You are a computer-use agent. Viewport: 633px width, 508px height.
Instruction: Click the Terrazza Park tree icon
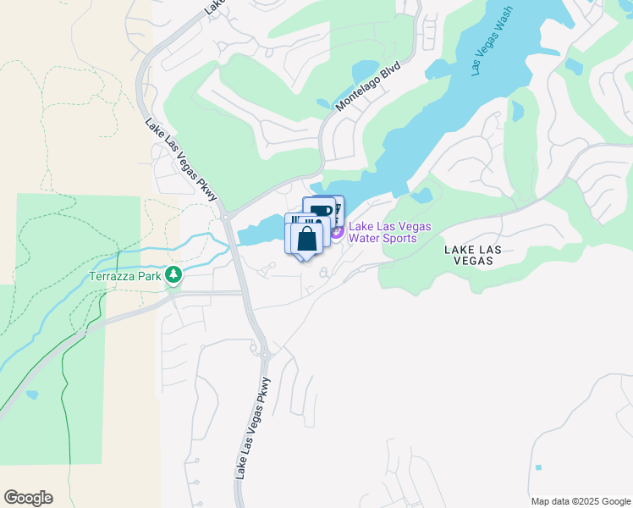tap(173, 274)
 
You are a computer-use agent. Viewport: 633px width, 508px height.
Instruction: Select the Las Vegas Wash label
tap(493, 47)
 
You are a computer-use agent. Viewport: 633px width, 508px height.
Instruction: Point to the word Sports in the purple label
tap(399, 238)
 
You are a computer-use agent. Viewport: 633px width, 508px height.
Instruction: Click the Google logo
tap(28, 498)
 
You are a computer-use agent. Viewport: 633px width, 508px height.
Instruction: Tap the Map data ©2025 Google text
tap(581, 501)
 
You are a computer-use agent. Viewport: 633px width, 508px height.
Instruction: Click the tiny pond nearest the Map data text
tap(538, 467)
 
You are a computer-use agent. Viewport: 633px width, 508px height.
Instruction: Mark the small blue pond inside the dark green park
tap(31, 394)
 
